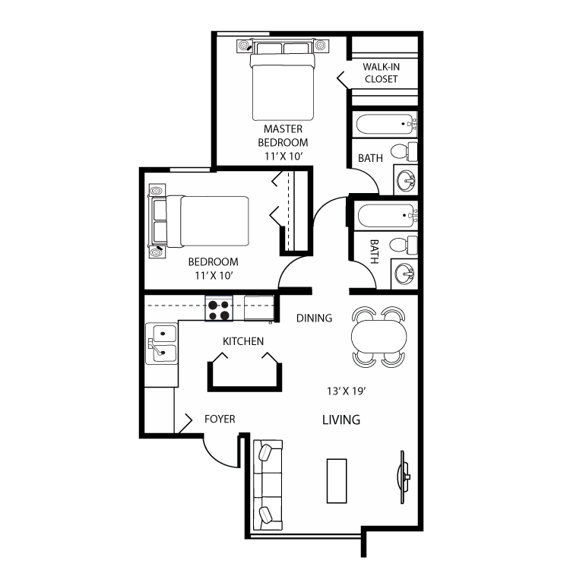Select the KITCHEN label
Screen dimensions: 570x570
243,341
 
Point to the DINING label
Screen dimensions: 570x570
314,318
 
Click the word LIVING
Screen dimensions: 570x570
340,420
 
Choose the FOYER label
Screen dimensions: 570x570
220,419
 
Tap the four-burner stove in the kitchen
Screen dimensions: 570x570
220,309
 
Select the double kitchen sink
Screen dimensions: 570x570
162,342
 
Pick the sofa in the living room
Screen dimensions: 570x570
268,483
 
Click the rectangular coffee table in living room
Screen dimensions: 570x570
337,480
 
